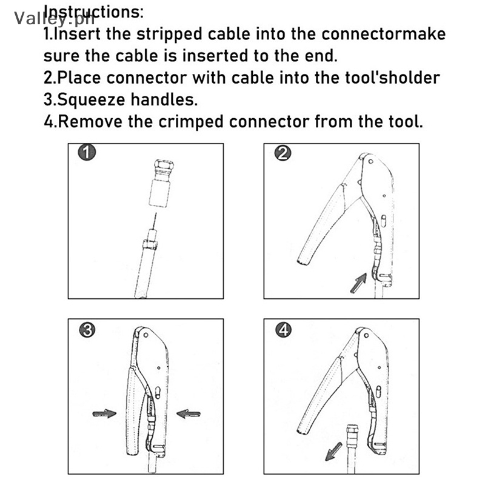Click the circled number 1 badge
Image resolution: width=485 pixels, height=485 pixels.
[x=89, y=153]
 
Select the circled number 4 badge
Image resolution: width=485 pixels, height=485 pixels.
[x=283, y=330]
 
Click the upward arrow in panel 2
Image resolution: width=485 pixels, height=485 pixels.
[x=358, y=283]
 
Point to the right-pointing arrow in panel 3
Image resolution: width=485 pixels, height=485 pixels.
[x=104, y=413]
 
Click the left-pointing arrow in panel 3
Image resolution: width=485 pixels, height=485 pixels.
[x=189, y=413]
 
